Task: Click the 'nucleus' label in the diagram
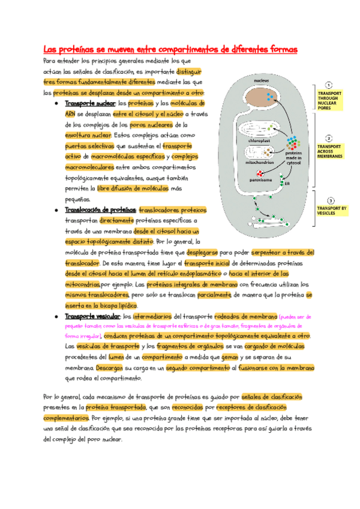(260, 80)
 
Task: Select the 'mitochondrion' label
(259, 162)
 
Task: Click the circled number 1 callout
(329, 85)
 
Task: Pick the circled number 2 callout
(329, 138)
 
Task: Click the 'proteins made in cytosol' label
(294, 157)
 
